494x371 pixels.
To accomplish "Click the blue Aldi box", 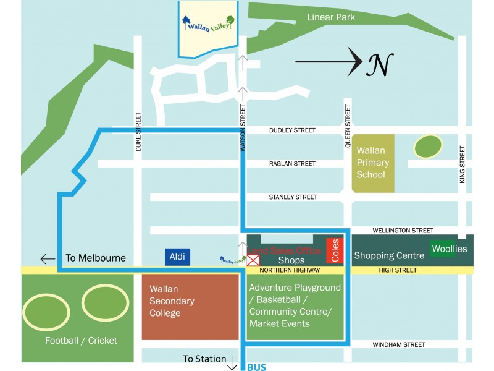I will pyautogui.click(x=178, y=257).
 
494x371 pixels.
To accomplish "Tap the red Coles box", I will pyautogui.click(x=334, y=250).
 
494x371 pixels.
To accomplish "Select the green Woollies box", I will pyautogui.click(x=450, y=249).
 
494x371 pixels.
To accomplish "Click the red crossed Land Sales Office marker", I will pyautogui.click(x=253, y=260).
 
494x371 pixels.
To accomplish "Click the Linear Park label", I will pyautogui.click(x=331, y=17).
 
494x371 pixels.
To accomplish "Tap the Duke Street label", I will pyautogui.click(x=138, y=132).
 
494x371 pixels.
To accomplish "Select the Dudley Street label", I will pyautogui.click(x=292, y=130).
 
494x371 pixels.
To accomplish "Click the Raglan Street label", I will pyautogui.click(x=292, y=164).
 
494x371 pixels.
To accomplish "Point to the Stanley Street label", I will pyautogui.click(x=293, y=197).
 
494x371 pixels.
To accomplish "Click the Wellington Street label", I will pyautogui.click(x=403, y=231).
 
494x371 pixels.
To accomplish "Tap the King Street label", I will pyautogui.click(x=462, y=164).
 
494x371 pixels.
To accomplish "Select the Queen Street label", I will pyautogui.click(x=348, y=126).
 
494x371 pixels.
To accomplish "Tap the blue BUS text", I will pyautogui.click(x=256, y=367).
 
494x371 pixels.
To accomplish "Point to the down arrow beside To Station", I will pyautogui.click(x=232, y=363).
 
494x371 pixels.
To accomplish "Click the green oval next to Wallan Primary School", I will pyautogui.click(x=428, y=147).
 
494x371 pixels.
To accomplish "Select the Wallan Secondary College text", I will pyautogui.click(x=172, y=301).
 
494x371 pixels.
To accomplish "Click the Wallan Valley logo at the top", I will pyautogui.click(x=209, y=24).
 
